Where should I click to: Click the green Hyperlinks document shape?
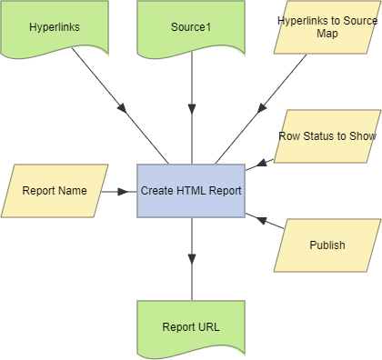(x=55, y=27)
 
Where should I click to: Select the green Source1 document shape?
(x=191, y=27)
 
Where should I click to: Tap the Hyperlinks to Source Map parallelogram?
(x=327, y=27)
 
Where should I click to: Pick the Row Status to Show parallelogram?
(x=327, y=137)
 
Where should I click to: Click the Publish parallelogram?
(x=327, y=245)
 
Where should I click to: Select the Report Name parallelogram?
(x=55, y=191)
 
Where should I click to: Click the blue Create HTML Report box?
(x=191, y=191)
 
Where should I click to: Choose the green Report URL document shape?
(x=191, y=325)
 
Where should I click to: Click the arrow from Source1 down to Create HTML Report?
(x=191, y=109)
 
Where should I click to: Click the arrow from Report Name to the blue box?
(x=118, y=191)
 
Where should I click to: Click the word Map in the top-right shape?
(x=327, y=34)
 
